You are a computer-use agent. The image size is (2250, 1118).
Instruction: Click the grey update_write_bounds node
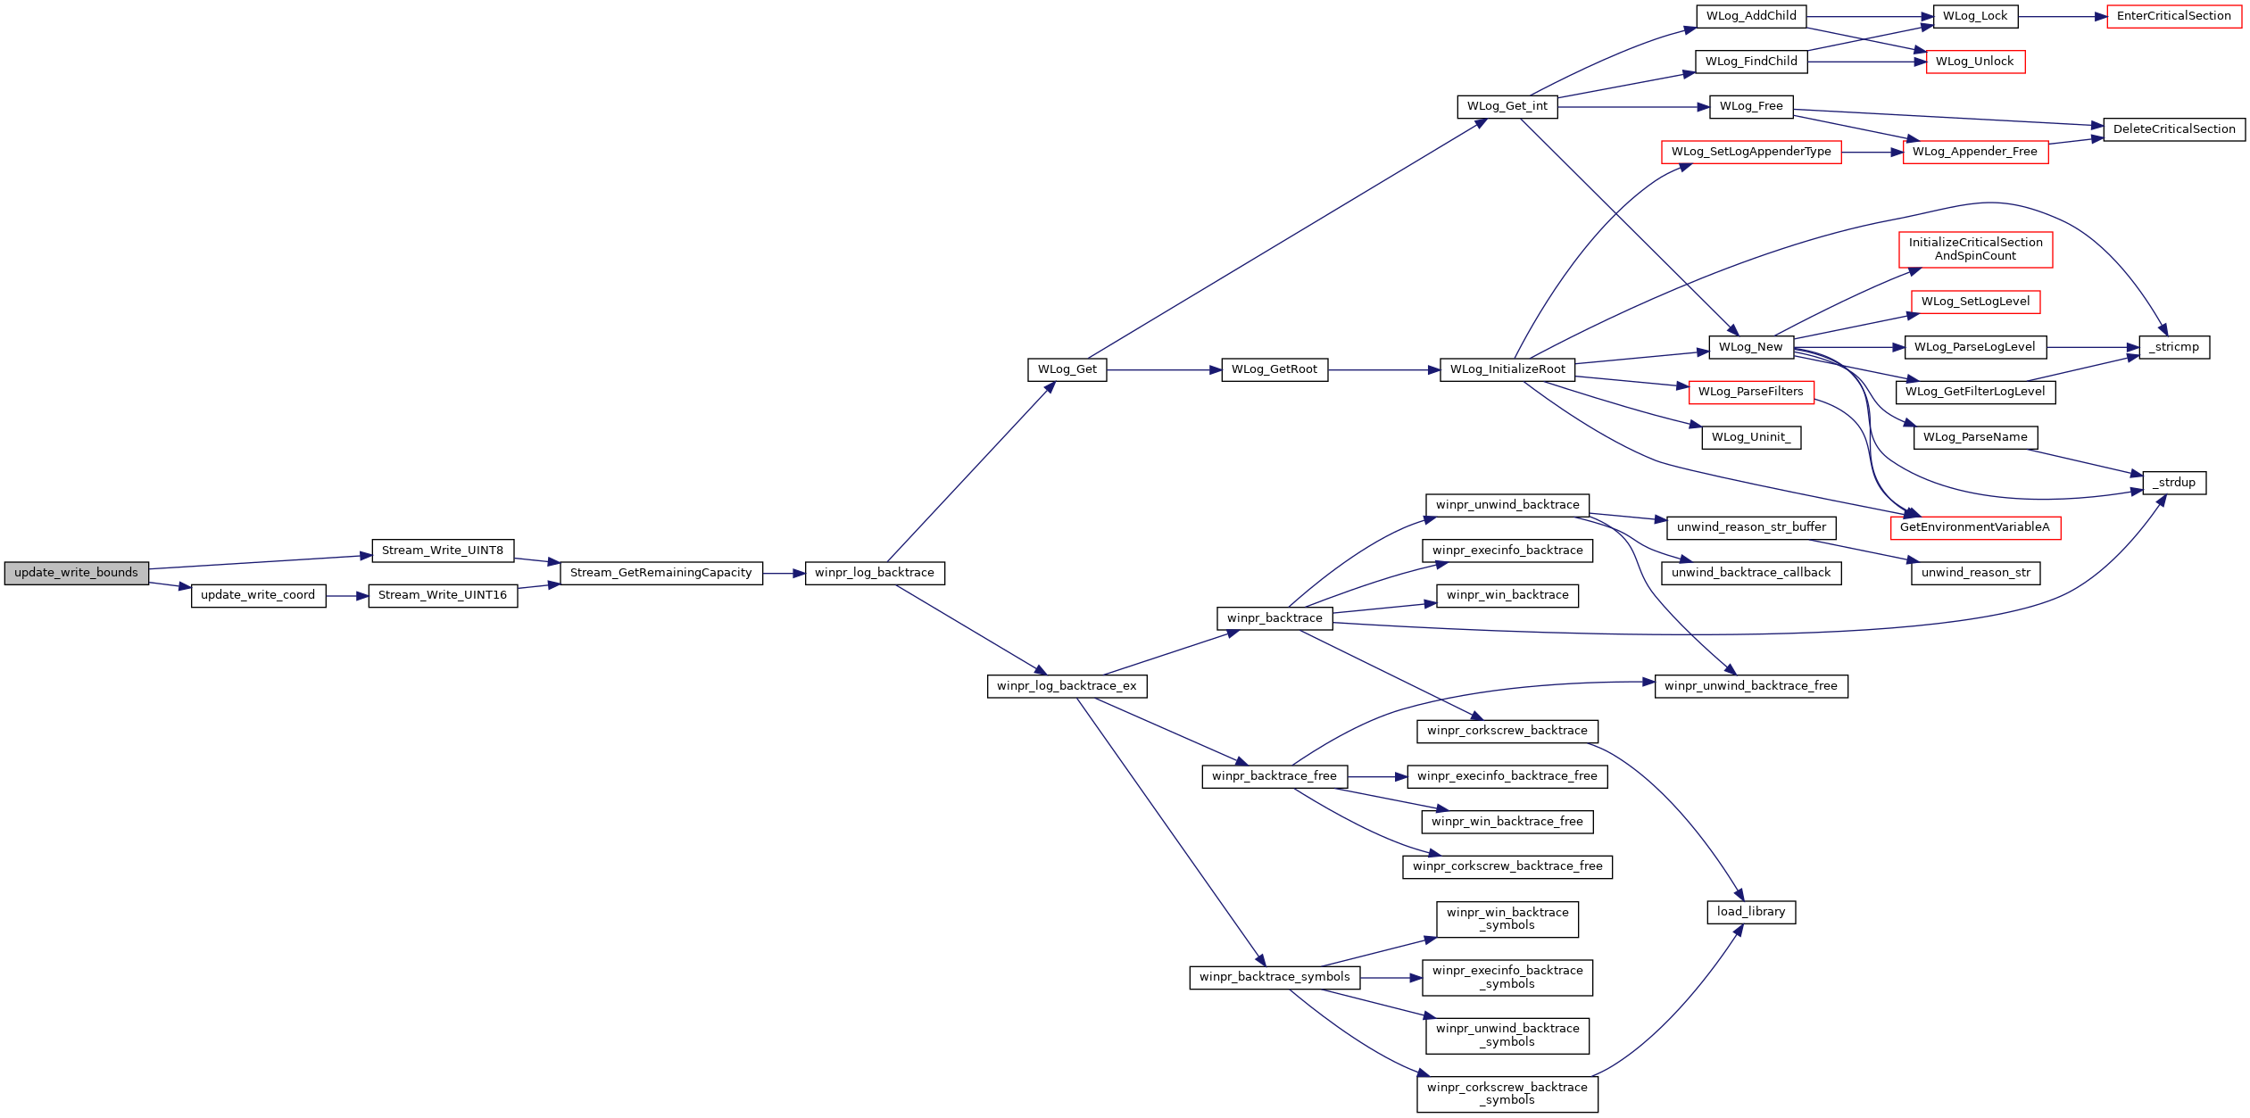click(x=77, y=573)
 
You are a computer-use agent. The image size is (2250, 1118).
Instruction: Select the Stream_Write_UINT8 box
click(x=443, y=551)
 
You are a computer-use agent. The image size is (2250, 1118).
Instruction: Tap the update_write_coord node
click(x=258, y=596)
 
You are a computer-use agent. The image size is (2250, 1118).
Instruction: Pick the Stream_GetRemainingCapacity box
click(x=661, y=573)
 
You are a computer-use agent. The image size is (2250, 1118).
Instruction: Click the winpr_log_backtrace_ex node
click(x=1067, y=686)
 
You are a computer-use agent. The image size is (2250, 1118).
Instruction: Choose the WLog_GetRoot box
click(x=1274, y=369)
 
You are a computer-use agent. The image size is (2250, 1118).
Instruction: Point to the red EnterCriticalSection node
click(x=2174, y=16)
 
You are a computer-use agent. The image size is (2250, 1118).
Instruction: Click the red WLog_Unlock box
click(x=1975, y=62)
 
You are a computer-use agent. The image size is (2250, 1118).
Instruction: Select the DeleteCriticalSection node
click(x=2174, y=129)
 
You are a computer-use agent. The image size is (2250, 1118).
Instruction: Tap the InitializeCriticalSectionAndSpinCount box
click(x=1975, y=249)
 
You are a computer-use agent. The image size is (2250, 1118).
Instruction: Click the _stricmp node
click(x=2174, y=347)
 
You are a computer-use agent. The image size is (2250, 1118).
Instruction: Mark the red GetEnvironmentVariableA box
click(x=1975, y=527)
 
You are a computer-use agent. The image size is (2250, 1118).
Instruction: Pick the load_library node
click(x=1751, y=912)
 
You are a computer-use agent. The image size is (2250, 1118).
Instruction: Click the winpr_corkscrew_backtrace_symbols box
click(x=1507, y=1094)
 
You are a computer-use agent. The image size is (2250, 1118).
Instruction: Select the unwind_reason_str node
click(x=1975, y=573)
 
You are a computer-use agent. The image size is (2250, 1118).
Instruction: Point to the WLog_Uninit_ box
click(x=1751, y=437)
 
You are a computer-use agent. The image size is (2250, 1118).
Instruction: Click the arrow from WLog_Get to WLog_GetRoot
click(x=1165, y=369)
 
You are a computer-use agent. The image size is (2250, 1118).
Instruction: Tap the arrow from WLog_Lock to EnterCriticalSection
click(x=2063, y=16)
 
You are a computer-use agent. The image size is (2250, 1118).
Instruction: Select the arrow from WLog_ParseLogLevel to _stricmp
click(x=2093, y=347)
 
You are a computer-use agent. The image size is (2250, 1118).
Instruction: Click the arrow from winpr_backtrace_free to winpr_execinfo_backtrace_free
click(x=1377, y=777)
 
